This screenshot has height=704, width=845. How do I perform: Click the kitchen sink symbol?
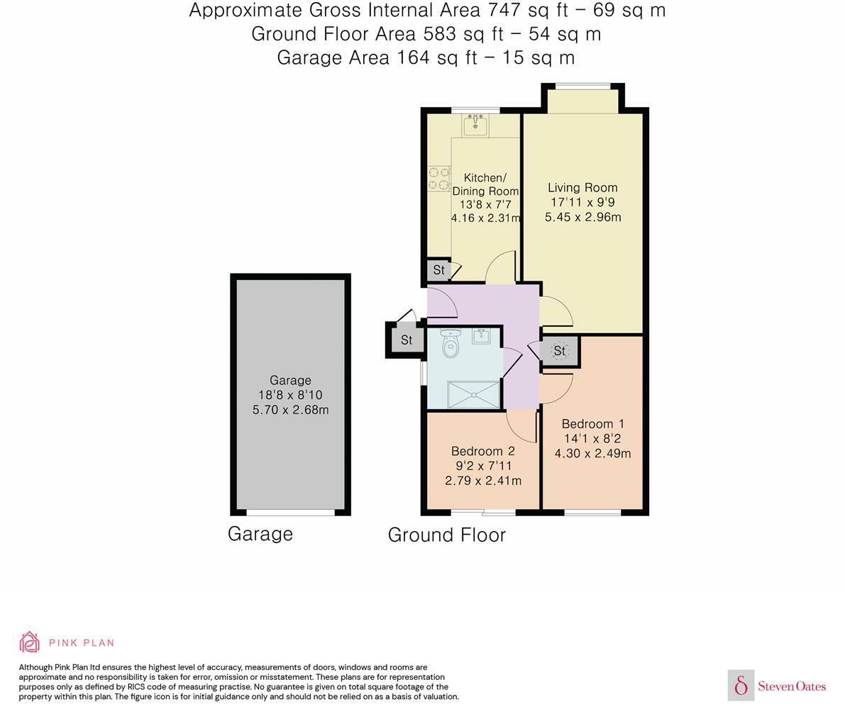point(476,125)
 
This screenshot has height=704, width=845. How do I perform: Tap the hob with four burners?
point(438,178)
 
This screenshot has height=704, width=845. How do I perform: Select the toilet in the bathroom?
point(450,344)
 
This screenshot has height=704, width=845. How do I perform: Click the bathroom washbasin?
point(482,335)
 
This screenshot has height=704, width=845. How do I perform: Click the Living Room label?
point(582,188)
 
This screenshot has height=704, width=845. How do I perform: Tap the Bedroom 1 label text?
point(592,424)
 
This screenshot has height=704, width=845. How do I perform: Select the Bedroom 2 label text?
point(482,451)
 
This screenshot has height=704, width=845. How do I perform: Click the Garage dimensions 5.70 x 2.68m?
point(290,410)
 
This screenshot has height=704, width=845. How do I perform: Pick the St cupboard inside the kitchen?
point(438,270)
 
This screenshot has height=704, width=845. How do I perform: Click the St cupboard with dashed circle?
point(560,351)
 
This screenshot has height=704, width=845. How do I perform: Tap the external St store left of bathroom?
point(406,340)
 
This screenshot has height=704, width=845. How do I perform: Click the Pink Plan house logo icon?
point(29,642)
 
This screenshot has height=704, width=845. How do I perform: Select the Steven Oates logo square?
point(741,685)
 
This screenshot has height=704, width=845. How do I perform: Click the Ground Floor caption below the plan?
point(446,535)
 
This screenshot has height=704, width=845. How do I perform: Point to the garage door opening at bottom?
point(290,512)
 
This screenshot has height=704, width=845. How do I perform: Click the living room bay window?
point(582,87)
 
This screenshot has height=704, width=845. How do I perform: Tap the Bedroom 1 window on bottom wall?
point(592,512)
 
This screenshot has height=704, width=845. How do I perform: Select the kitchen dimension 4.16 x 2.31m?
point(486,218)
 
